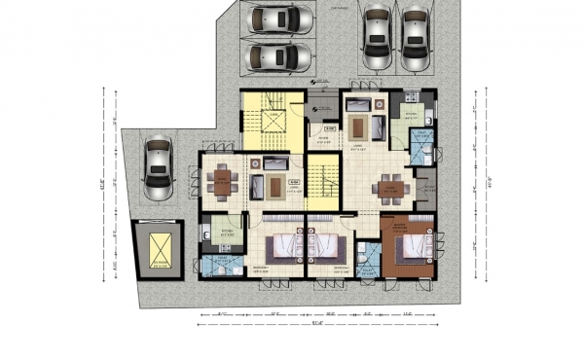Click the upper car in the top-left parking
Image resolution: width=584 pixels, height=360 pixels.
[279, 19]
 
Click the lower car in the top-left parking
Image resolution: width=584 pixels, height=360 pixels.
[279, 54]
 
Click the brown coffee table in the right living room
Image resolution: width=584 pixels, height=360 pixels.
[360, 126]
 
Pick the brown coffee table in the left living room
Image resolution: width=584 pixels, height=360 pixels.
[276, 185]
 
